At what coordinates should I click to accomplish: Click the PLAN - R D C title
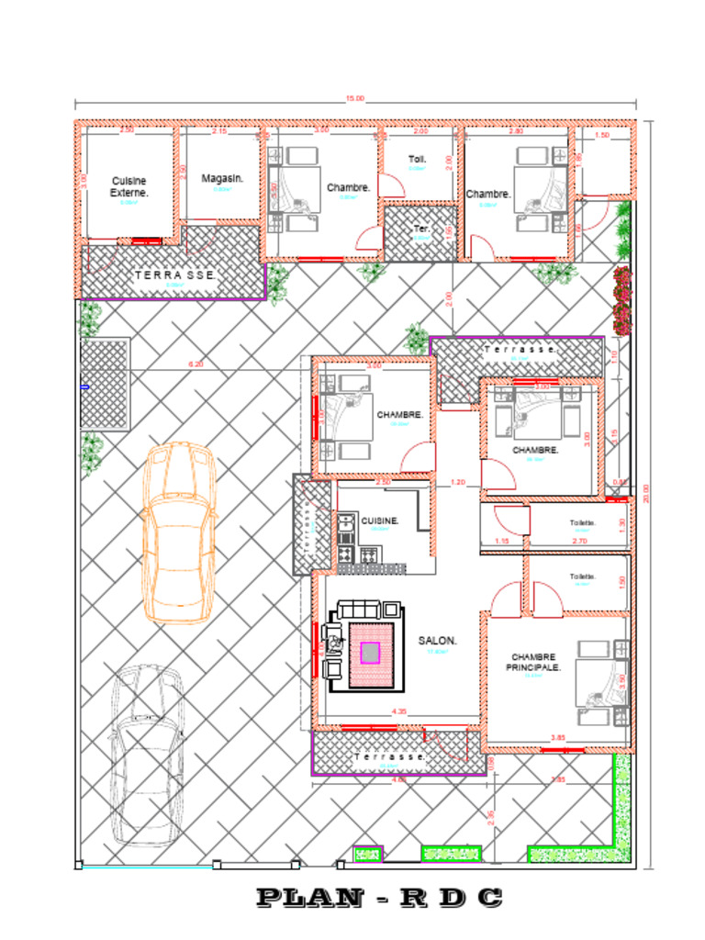(379, 898)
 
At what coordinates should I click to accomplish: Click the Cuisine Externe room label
(129, 187)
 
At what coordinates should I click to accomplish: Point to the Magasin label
(221, 178)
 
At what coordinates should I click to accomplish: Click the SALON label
(437, 641)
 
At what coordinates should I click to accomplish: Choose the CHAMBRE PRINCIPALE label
(533, 662)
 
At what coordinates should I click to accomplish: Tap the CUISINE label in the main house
(380, 520)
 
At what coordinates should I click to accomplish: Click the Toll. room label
(418, 159)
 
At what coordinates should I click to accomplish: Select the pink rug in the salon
(369, 653)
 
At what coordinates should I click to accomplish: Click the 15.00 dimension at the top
(354, 98)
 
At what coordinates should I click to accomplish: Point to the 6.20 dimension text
(196, 364)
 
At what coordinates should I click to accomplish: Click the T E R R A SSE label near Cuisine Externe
(175, 274)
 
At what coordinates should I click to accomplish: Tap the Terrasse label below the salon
(390, 756)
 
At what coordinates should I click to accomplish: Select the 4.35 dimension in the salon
(398, 711)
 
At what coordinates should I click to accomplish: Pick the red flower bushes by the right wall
(622, 300)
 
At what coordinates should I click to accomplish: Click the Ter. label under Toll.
(421, 229)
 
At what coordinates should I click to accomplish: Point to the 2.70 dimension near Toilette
(579, 542)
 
